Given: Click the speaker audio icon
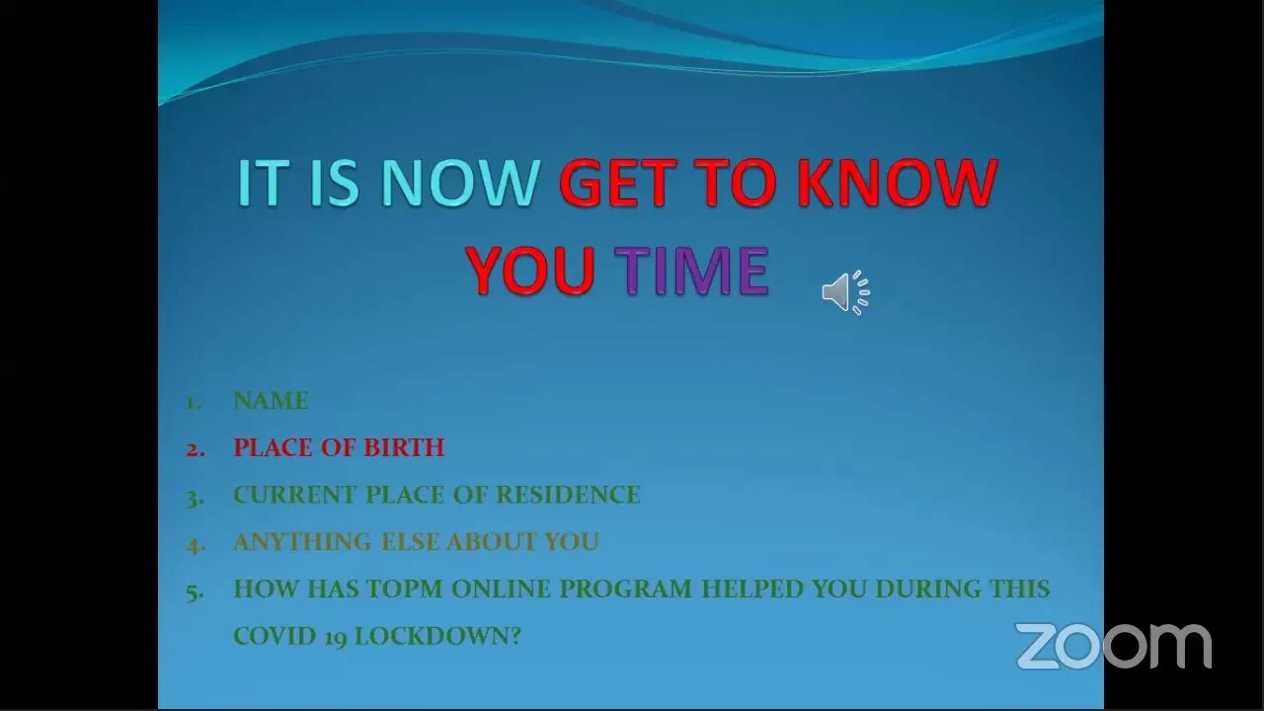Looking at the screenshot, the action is coord(845,292).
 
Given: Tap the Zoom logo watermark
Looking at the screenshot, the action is coord(1113,646).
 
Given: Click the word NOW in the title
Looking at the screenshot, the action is coord(459,182).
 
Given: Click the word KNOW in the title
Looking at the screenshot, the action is coord(898,182).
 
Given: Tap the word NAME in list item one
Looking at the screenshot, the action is coord(271,401).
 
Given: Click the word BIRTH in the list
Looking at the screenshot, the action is coord(404,447).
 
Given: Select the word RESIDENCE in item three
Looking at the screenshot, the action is coord(568,495).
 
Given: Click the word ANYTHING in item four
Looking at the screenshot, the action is coord(302,542).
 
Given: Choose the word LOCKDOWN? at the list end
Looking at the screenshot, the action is coord(437,636).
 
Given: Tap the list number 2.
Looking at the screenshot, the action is coord(196,449).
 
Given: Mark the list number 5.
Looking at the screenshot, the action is coord(196,592).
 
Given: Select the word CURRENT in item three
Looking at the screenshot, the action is coord(295,495).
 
